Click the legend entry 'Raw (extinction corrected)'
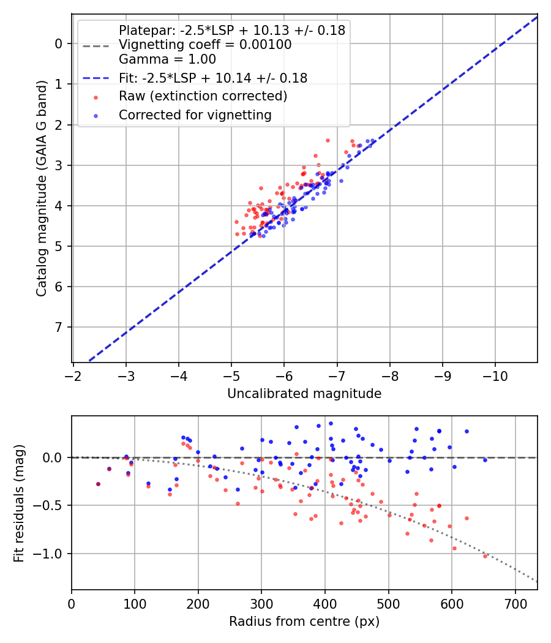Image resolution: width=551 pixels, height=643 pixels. tap(203, 96)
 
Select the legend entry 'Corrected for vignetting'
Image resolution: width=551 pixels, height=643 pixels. tap(195, 115)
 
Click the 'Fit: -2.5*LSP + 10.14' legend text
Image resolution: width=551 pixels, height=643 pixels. tap(212, 78)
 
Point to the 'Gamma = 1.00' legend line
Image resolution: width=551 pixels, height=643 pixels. tap(167, 59)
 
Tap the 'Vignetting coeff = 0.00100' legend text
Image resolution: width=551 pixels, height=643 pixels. tap(205, 45)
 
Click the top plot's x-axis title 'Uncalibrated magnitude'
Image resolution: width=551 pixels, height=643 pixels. tap(304, 394)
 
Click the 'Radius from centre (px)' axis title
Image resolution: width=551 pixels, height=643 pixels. tap(304, 622)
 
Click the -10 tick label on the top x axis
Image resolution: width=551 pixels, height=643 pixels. tap(495, 375)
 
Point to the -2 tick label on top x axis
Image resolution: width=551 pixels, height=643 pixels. tap(73, 375)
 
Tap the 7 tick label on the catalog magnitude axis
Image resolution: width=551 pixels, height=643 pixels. tap(59, 327)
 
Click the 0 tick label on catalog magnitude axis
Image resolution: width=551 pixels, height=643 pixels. tap(59, 43)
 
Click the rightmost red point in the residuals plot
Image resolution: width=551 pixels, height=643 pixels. tap(485, 556)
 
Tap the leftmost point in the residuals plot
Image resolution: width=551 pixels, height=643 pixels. tap(98, 484)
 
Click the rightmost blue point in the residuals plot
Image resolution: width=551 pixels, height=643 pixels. tap(485, 460)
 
